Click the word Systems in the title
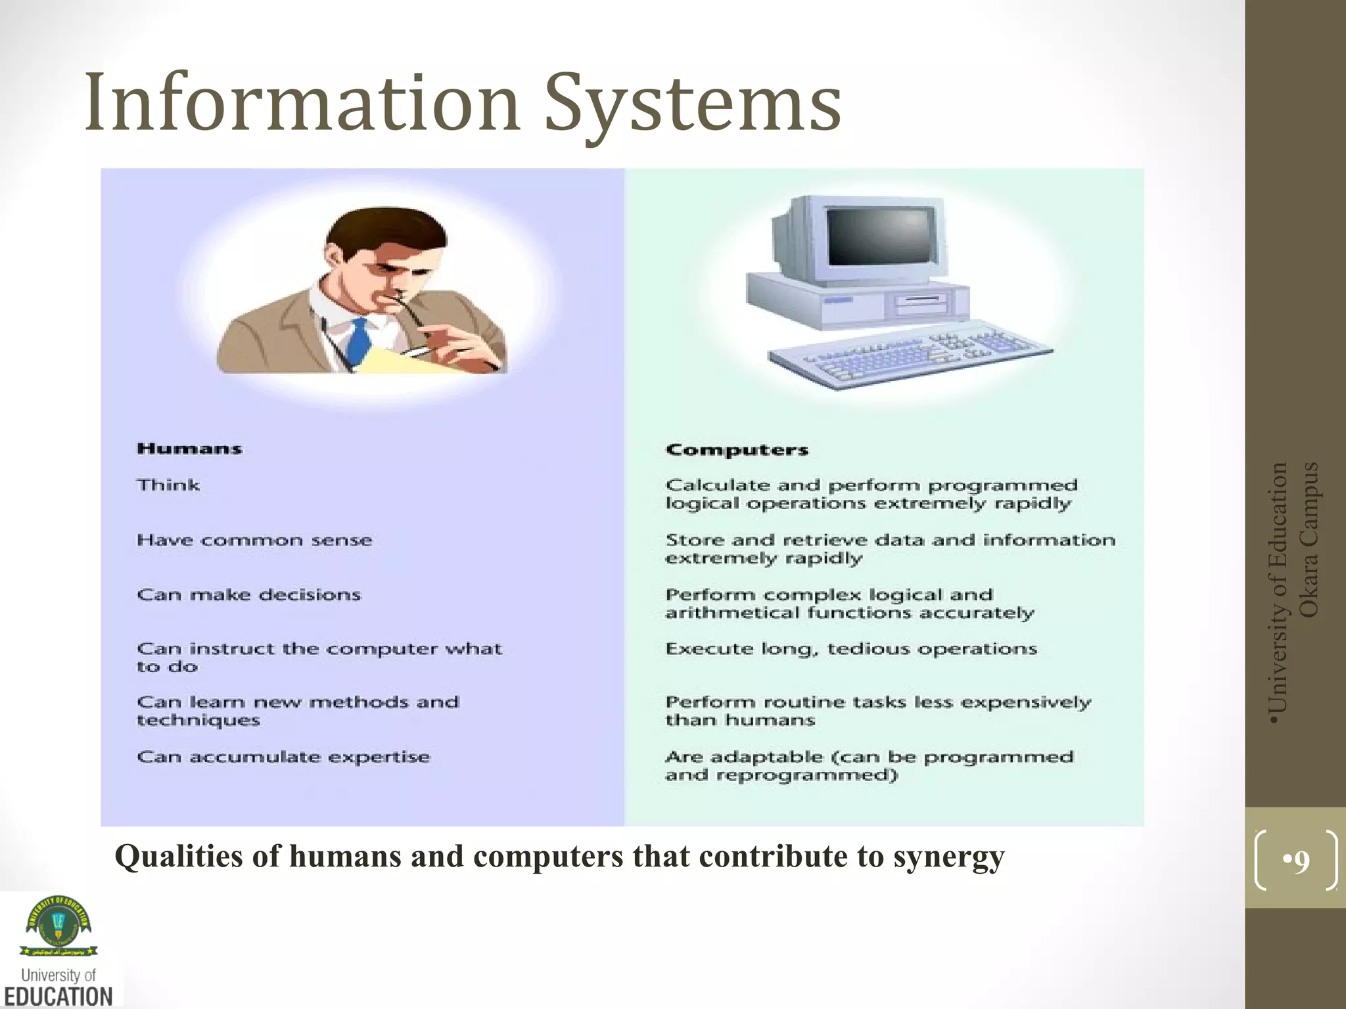[693, 105]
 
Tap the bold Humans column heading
[189, 449]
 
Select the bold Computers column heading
[737, 451]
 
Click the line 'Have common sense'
[254, 541]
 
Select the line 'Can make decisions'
[249, 595]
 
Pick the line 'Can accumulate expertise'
[283, 757]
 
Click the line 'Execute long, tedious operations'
[851, 649]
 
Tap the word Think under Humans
[168, 485]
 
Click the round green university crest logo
[58, 921]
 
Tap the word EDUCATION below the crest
[58, 996]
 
